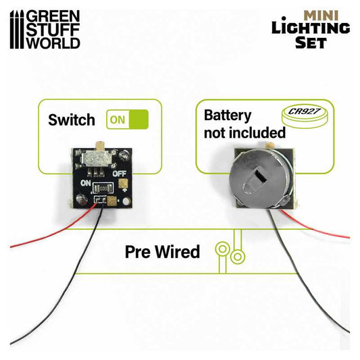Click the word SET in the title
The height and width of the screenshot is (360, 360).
(310, 43)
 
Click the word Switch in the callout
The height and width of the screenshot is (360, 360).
(71, 120)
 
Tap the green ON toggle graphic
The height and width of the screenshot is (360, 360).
(128, 120)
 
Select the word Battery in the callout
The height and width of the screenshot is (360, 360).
(228, 115)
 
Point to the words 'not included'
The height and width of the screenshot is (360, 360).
(237, 134)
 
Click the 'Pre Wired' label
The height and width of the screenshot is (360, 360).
(163, 251)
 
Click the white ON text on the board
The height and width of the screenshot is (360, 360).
(86, 182)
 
